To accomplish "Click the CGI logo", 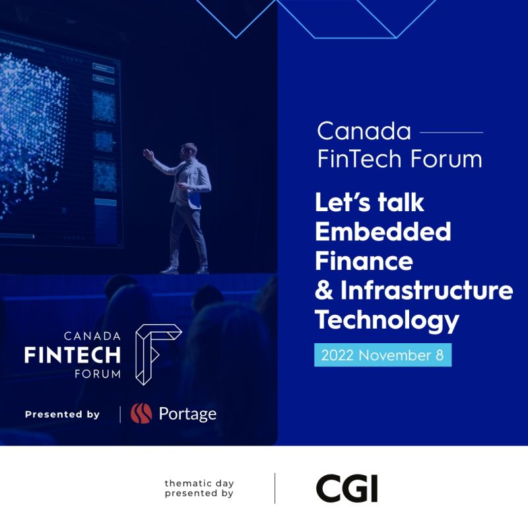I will coord(346,488).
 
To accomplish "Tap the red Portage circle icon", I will coord(141,414).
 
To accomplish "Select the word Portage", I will coord(187,414).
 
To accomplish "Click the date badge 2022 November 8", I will coord(382,355).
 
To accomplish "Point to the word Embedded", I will coord(383,232).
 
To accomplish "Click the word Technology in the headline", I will coord(387,320).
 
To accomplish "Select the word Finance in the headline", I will coord(364,261).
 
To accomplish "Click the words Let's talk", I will coord(370,202).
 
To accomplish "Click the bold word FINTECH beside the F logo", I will coord(73,355).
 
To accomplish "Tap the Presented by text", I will coord(62,414).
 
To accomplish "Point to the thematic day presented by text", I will coord(199,488).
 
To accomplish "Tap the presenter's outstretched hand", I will coord(148,154).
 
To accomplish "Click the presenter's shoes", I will coord(185,269).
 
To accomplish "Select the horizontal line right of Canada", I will coord(451,132).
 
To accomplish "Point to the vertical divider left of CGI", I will coord(275,488).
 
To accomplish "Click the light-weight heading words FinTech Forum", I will coord(399,159).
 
